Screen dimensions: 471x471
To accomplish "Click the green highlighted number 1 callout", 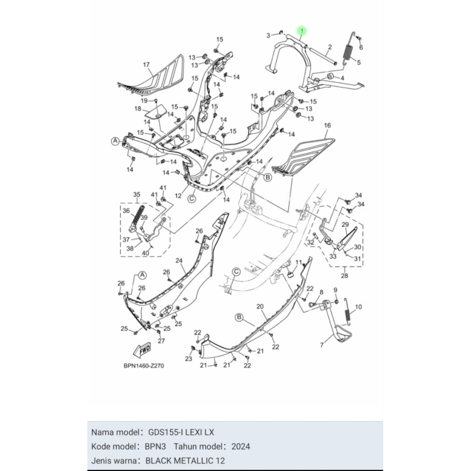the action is [302, 31].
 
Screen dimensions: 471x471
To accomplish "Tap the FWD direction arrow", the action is [142, 350].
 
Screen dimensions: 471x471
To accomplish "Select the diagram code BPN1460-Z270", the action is [144, 366].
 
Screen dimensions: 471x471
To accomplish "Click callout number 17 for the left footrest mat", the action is [146, 65].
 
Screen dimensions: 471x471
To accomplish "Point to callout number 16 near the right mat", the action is [327, 125].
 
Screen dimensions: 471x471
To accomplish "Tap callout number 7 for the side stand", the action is [322, 345].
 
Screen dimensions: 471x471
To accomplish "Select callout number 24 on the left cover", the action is [179, 260].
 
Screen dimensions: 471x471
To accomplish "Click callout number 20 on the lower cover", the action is [260, 306].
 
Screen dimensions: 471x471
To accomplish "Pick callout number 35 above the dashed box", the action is [137, 195].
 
